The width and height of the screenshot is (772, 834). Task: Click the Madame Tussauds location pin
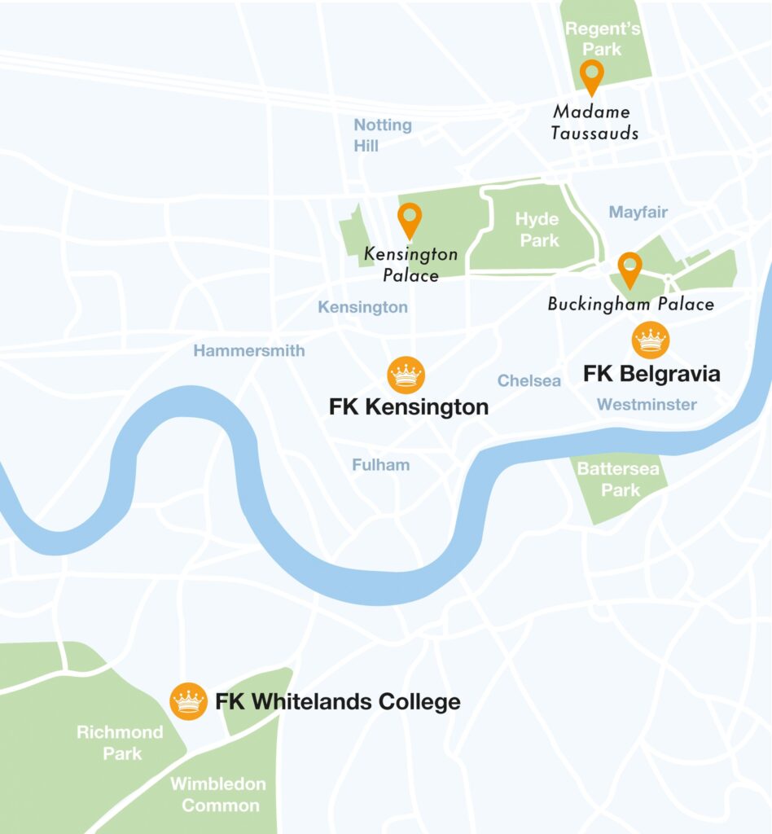[591, 77]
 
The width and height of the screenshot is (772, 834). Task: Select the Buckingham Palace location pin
[629, 270]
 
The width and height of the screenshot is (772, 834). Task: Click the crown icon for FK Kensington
[406, 375]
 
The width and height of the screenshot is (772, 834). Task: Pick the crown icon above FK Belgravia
[651, 340]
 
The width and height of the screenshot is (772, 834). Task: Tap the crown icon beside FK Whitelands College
[188, 700]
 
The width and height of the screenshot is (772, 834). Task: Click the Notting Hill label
[382, 135]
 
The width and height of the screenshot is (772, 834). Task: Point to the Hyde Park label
[537, 230]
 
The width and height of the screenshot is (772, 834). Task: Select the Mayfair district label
[638, 213]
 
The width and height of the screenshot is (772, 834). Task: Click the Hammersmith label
[249, 351]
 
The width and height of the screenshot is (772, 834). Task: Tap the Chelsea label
[529, 381]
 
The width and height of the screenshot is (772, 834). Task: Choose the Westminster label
[647, 405]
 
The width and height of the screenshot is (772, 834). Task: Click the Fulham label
[380, 465]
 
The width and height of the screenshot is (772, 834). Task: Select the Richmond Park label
[121, 743]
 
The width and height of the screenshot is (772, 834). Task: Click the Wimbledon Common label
[218, 795]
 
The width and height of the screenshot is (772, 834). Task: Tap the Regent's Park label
[603, 39]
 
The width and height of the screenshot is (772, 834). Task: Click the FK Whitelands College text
[338, 701]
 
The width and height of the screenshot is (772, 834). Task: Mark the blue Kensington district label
[362, 307]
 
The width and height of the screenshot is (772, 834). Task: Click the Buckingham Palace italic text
[631, 305]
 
